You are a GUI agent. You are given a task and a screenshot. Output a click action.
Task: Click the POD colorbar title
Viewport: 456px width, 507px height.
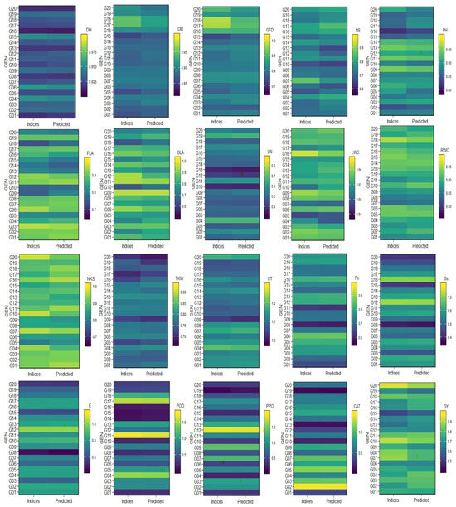pyautogui.click(x=178, y=405)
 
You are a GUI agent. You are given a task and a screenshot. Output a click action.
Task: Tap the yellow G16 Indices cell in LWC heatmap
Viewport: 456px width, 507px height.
pyautogui.click(x=306, y=153)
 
